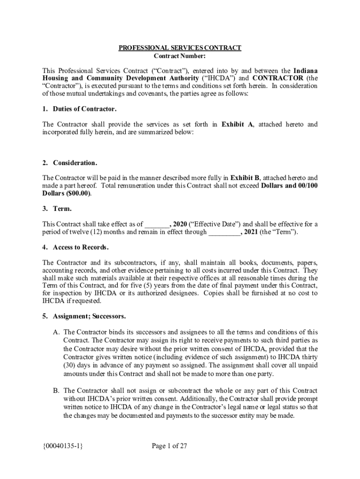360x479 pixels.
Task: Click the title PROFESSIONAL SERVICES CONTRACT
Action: point(180,48)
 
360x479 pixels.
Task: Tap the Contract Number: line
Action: point(180,56)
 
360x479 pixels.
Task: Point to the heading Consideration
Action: point(75,163)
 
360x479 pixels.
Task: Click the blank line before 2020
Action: point(157,224)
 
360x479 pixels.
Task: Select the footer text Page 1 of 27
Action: point(169,446)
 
